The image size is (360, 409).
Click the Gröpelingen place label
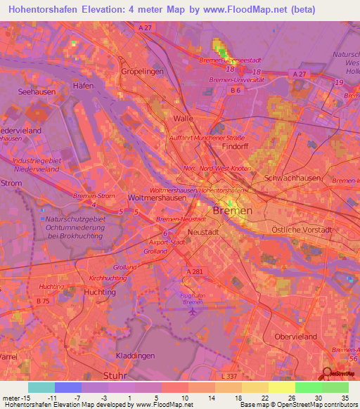142,72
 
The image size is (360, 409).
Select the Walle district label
183,119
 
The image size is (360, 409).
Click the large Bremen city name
232,211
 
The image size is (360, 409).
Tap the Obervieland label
298,337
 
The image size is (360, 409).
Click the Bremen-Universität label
236,80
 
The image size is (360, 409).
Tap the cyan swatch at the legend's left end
41,387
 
